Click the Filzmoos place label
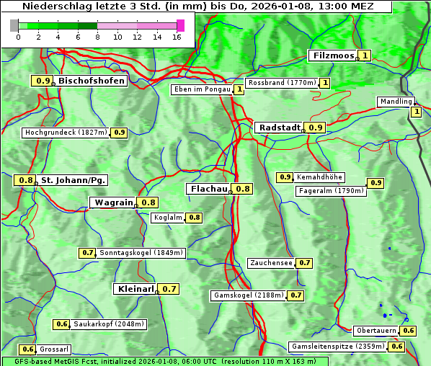click(x=332, y=55)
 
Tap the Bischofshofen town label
click(x=92, y=81)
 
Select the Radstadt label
click(x=279, y=127)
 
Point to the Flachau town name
click(x=208, y=189)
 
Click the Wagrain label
click(x=114, y=202)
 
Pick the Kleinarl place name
click(x=135, y=289)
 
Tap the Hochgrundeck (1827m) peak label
click(x=66, y=133)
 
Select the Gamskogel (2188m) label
click(x=249, y=295)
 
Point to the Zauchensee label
click(x=271, y=263)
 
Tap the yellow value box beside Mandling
click(x=416, y=112)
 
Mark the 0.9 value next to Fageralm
click(x=376, y=183)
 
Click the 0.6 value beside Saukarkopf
click(x=61, y=324)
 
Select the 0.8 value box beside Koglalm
click(x=194, y=217)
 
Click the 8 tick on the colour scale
click(x=97, y=37)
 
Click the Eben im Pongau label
click(x=203, y=89)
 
